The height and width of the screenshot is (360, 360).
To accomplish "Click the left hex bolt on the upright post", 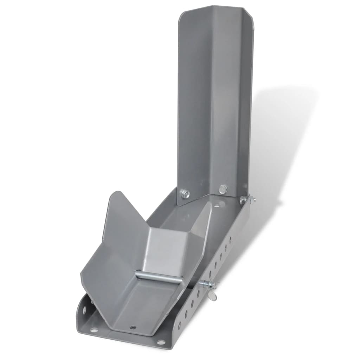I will [185, 193].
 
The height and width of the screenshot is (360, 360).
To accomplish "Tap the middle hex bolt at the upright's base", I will [223, 189].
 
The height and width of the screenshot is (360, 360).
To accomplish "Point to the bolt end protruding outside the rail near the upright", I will [253, 199].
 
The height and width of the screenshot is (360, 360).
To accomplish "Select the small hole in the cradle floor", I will [133, 327].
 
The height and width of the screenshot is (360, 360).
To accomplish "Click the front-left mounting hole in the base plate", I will [94, 330].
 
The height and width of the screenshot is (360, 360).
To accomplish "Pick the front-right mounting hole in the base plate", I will [161, 342].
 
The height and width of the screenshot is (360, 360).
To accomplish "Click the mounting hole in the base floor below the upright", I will [217, 204].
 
